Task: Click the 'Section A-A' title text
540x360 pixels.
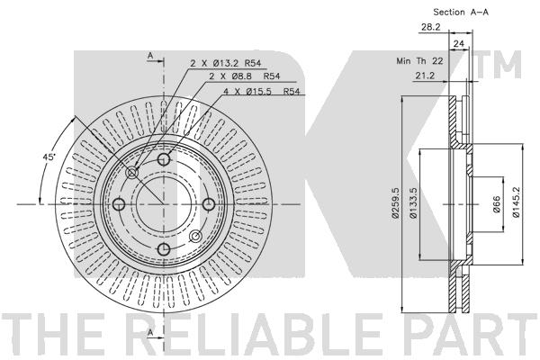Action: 461,12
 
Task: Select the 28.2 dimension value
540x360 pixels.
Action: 431,27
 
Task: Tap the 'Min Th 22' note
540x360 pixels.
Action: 419,61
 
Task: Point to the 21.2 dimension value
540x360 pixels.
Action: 425,76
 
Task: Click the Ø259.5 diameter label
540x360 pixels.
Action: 395,202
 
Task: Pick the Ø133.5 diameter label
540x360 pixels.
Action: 413,202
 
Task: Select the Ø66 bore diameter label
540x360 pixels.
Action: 496,204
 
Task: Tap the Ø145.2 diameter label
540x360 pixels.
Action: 516,202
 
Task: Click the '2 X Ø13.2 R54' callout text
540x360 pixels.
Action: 226,63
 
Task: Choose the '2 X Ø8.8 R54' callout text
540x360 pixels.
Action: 245,76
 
